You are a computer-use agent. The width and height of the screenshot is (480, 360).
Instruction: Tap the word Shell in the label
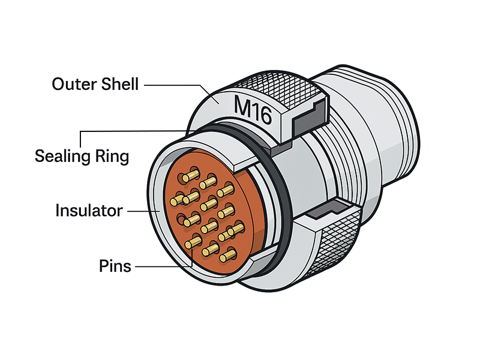(118, 84)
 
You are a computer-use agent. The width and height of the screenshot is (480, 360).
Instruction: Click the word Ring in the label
(112, 157)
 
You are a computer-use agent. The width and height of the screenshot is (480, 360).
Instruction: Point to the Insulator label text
(89, 211)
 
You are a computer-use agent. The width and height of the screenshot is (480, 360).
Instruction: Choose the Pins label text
(115, 265)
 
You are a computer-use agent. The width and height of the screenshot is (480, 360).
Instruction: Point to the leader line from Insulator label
(141, 211)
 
